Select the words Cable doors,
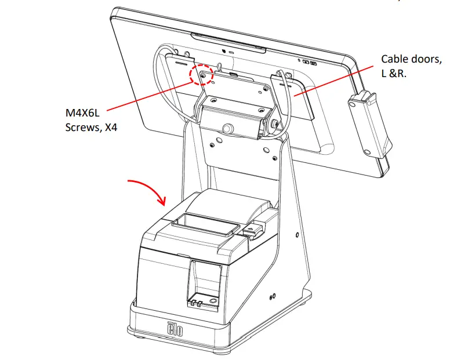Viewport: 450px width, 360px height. (411, 59)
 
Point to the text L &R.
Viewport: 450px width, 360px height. (394, 74)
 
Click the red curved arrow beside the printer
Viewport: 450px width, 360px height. (150, 192)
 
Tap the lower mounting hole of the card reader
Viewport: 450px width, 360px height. (367, 152)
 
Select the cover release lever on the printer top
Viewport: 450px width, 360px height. (255, 230)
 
